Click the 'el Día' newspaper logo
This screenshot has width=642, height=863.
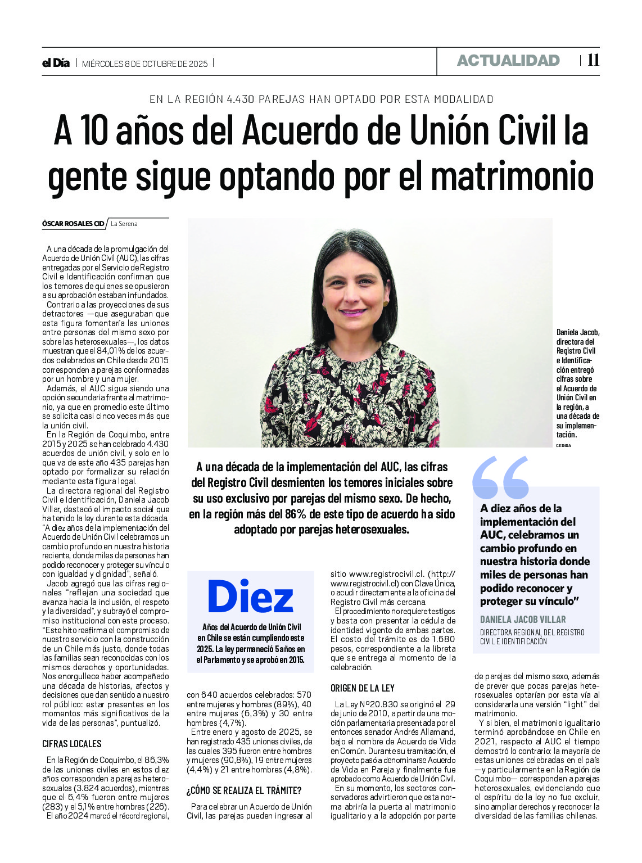pyautogui.click(x=56, y=63)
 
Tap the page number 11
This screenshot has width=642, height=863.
pyautogui.click(x=593, y=61)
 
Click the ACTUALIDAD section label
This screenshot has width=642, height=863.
pyautogui.click(x=508, y=61)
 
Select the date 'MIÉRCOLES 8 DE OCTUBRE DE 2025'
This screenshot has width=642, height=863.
pyautogui.click(x=145, y=64)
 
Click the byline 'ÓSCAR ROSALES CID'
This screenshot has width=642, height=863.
pyautogui.click(x=73, y=224)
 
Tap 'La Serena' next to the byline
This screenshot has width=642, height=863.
pyautogui.click(x=124, y=224)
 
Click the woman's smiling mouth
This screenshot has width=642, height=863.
pyautogui.click(x=353, y=312)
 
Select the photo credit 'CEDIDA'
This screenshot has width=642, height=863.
pyautogui.click(x=563, y=445)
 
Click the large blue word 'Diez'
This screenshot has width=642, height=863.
pyautogui.click(x=250, y=597)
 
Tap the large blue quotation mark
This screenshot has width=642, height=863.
pyautogui.click(x=501, y=477)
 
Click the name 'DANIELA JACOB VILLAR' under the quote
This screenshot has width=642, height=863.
pyautogui.click(x=523, y=619)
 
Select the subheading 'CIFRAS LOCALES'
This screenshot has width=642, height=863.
pyautogui.click(x=72, y=744)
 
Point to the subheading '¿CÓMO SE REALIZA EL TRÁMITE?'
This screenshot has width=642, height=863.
pyautogui.click(x=244, y=790)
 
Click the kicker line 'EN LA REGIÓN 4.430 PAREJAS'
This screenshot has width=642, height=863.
pyautogui.click(x=321, y=99)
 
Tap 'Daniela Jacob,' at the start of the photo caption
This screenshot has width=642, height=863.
pyautogui.click(x=578, y=332)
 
